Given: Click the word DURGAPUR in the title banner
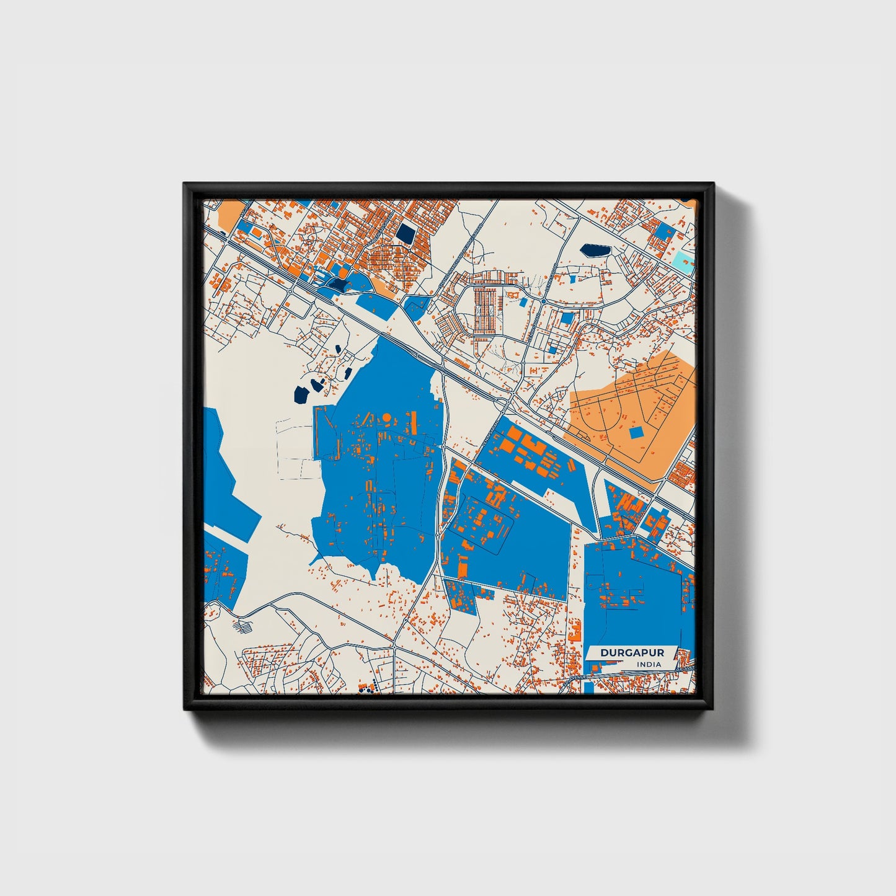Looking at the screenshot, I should pyautogui.click(x=632, y=653).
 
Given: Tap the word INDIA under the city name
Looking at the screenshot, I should pyautogui.click(x=649, y=664).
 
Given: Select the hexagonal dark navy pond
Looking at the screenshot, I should pyautogui.click(x=595, y=251).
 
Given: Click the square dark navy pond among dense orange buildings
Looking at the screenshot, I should pyautogui.click(x=406, y=234).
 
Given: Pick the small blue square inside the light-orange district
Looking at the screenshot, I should pyautogui.click(x=636, y=432).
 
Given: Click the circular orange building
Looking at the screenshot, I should pyautogui.click(x=386, y=417).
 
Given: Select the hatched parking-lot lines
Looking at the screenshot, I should pyautogui.click(x=241, y=626).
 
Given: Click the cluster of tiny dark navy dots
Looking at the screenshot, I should pyautogui.click(x=368, y=686).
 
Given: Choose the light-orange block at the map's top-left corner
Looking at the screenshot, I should pyautogui.click(x=228, y=215).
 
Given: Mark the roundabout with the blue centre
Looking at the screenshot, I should pyautogui.click(x=543, y=301).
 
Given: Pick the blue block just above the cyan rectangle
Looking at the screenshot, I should pyautogui.click(x=665, y=233).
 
